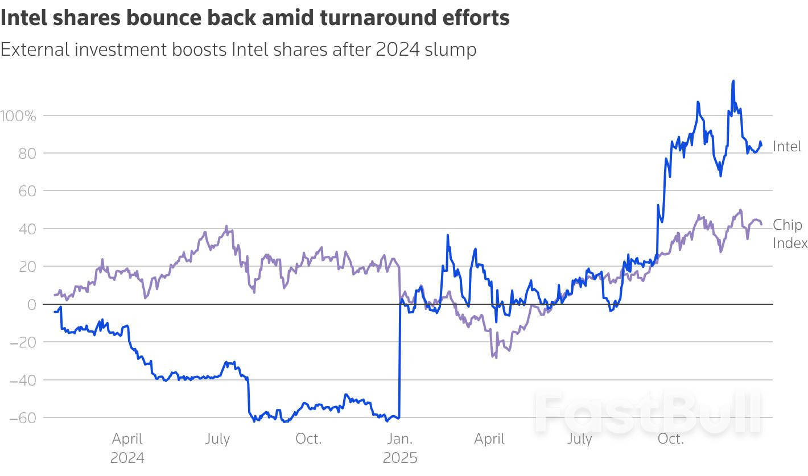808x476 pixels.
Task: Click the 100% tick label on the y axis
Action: [x=18, y=116]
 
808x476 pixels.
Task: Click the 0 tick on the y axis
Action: [x=32, y=304]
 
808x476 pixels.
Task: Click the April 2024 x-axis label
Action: [x=127, y=448]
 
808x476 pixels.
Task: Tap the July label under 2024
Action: [x=217, y=439]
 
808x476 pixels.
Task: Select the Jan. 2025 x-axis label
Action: [x=399, y=448]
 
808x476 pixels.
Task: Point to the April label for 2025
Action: [x=489, y=439]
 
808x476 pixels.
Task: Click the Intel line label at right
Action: [x=787, y=147]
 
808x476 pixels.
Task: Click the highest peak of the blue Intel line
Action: [x=733, y=81]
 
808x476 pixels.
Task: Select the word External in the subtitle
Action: [x=37, y=49]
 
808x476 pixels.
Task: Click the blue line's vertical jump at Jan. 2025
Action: [x=399, y=364]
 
